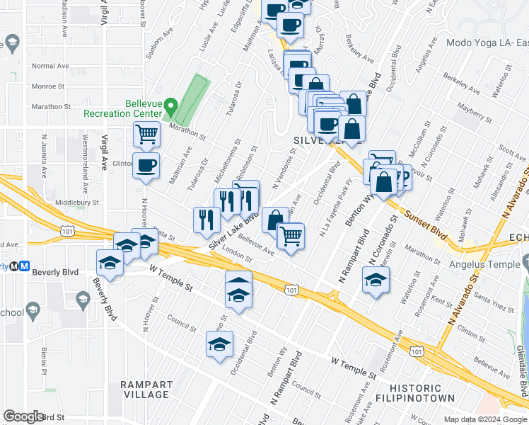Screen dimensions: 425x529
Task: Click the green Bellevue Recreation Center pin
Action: click(x=170, y=107)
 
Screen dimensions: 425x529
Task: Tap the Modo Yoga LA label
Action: click(x=487, y=42)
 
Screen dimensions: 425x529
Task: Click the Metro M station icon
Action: click(x=24, y=266)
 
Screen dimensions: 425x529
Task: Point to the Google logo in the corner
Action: click(x=23, y=416)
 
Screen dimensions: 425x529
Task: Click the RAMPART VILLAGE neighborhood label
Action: click(x=146, y=390)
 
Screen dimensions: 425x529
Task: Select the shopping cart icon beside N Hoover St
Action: click(x=146, y=133)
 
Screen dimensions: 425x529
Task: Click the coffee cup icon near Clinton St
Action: click(x=146, y=166)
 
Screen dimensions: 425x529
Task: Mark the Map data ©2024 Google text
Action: click(x=484, y=419)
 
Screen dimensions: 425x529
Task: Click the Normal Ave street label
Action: click(x=50, y=66)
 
